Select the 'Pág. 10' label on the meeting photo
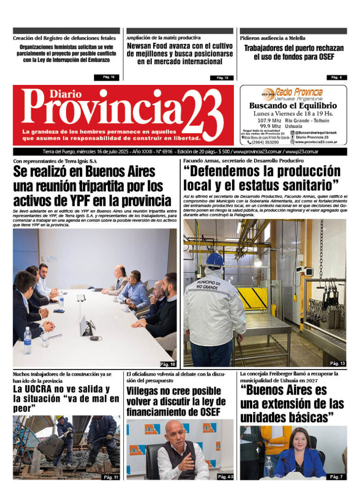pyautogui.click(x=168, y=364)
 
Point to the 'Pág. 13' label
pyautogui.click(x=337, y=364)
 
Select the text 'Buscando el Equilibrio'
pyautogui.click(x=293, y=106)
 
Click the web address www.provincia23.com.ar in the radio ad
pyautogui.click(x=322, y=142)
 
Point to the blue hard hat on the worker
pyautogui.click(x=215, y=259)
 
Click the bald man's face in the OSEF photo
pyautogui.click(x=179, y=434)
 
